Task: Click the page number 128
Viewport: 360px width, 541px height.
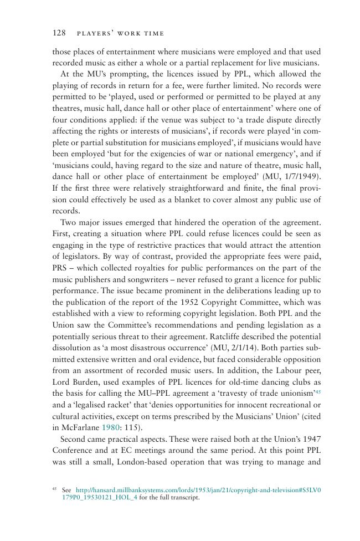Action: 59,33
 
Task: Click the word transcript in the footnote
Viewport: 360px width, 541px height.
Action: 183,498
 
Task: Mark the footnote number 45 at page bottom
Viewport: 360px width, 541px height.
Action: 55,489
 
